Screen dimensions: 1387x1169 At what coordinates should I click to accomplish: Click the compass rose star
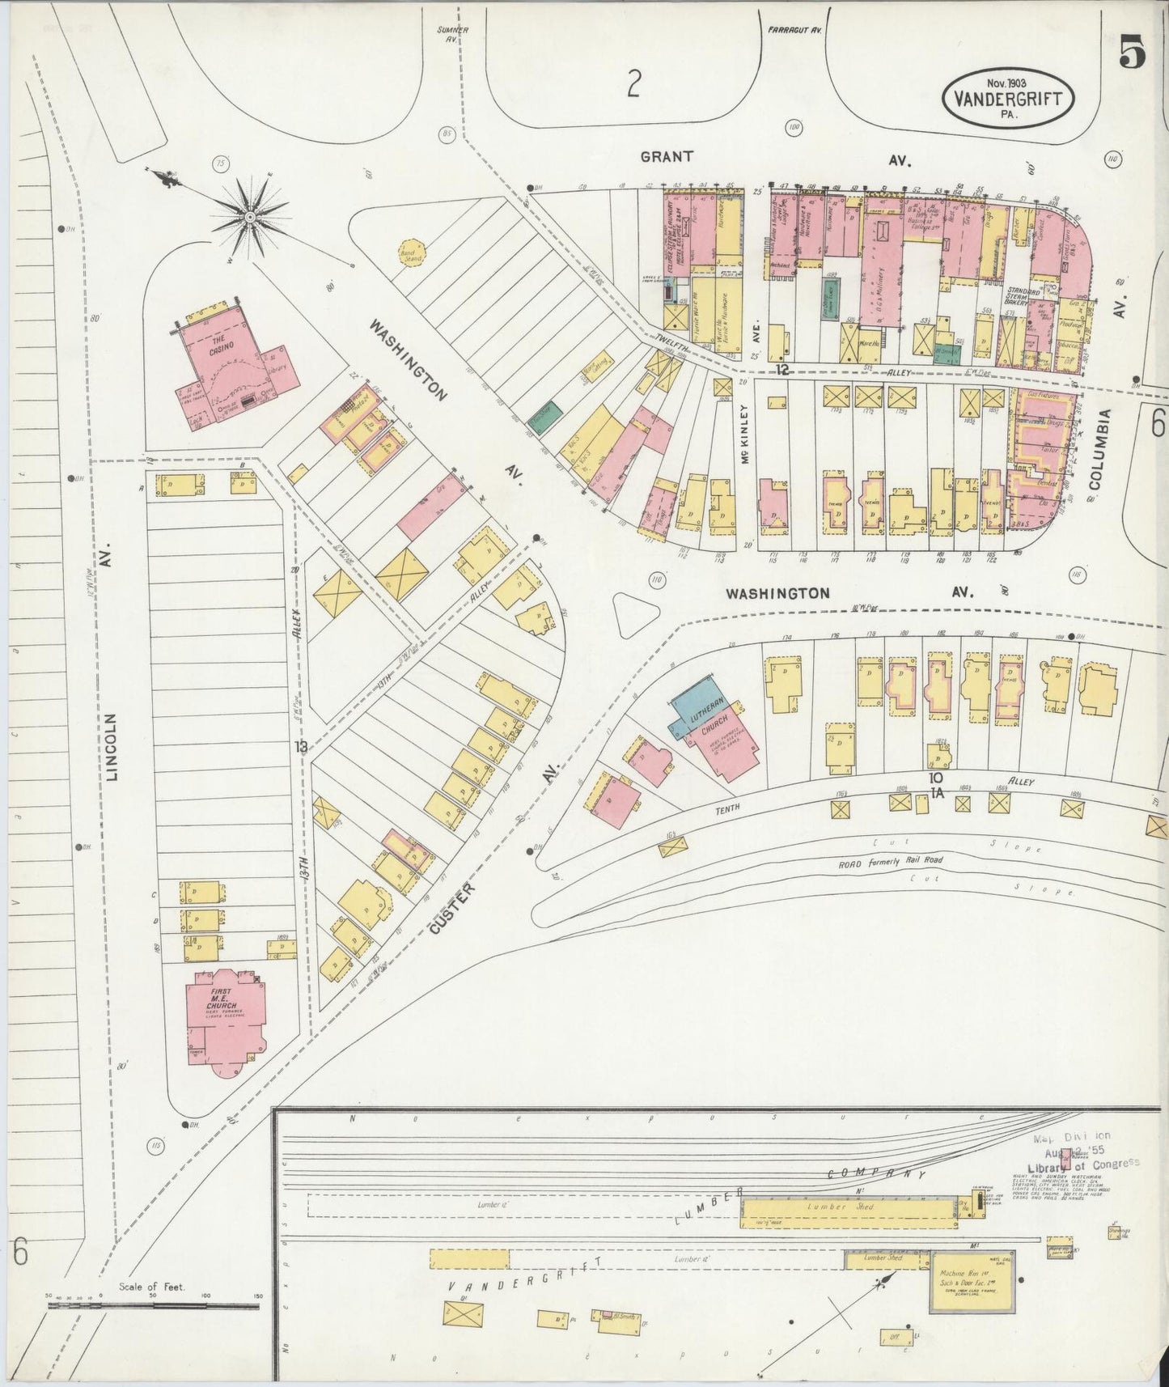pos(251,216)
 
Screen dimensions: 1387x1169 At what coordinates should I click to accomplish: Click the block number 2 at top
pos(633,83)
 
